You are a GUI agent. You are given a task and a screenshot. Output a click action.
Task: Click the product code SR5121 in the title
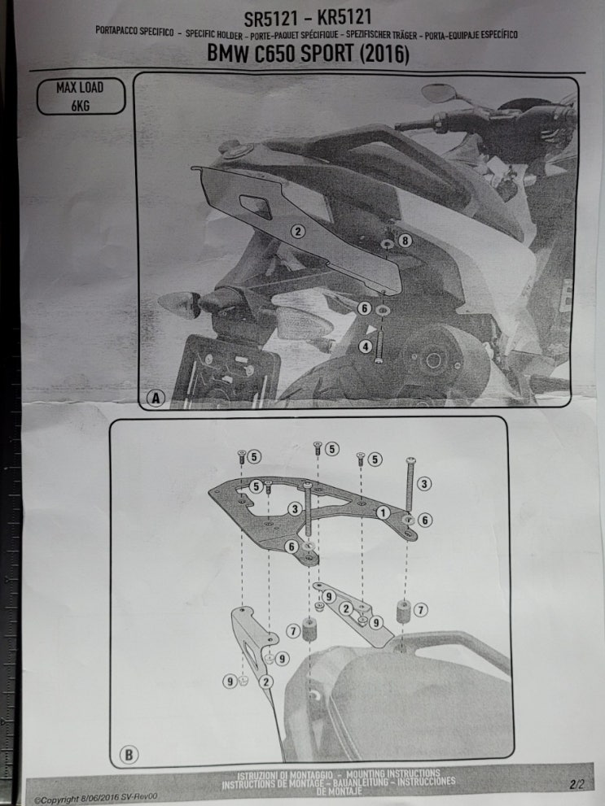click(270, 19)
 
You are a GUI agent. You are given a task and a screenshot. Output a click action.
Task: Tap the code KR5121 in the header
click(344, 17)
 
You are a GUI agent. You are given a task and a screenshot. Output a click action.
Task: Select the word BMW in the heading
click(229, 53)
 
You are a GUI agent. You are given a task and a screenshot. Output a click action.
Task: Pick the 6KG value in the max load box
click(81, 106)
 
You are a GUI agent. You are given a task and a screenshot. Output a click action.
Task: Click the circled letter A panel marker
click(156, 398)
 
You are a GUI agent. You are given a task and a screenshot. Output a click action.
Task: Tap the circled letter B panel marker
click(129, 754)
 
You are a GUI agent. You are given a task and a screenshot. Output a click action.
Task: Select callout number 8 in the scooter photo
click(405, 241)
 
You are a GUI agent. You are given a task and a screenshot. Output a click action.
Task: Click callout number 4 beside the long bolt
click(366, 346)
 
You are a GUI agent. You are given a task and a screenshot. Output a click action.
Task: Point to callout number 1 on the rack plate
click(383, 512)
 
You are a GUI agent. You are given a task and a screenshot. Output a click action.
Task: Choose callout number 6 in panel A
click(364, 308)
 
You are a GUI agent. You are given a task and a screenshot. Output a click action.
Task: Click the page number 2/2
click(577, 784)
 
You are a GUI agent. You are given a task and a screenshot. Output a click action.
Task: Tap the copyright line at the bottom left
click(96, 799)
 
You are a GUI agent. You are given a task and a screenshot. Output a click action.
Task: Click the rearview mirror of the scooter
click(438, 93)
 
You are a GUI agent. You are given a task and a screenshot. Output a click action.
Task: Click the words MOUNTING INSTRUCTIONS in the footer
click(393, 773)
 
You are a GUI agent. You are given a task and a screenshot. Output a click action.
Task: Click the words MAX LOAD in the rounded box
click(81, 88)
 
